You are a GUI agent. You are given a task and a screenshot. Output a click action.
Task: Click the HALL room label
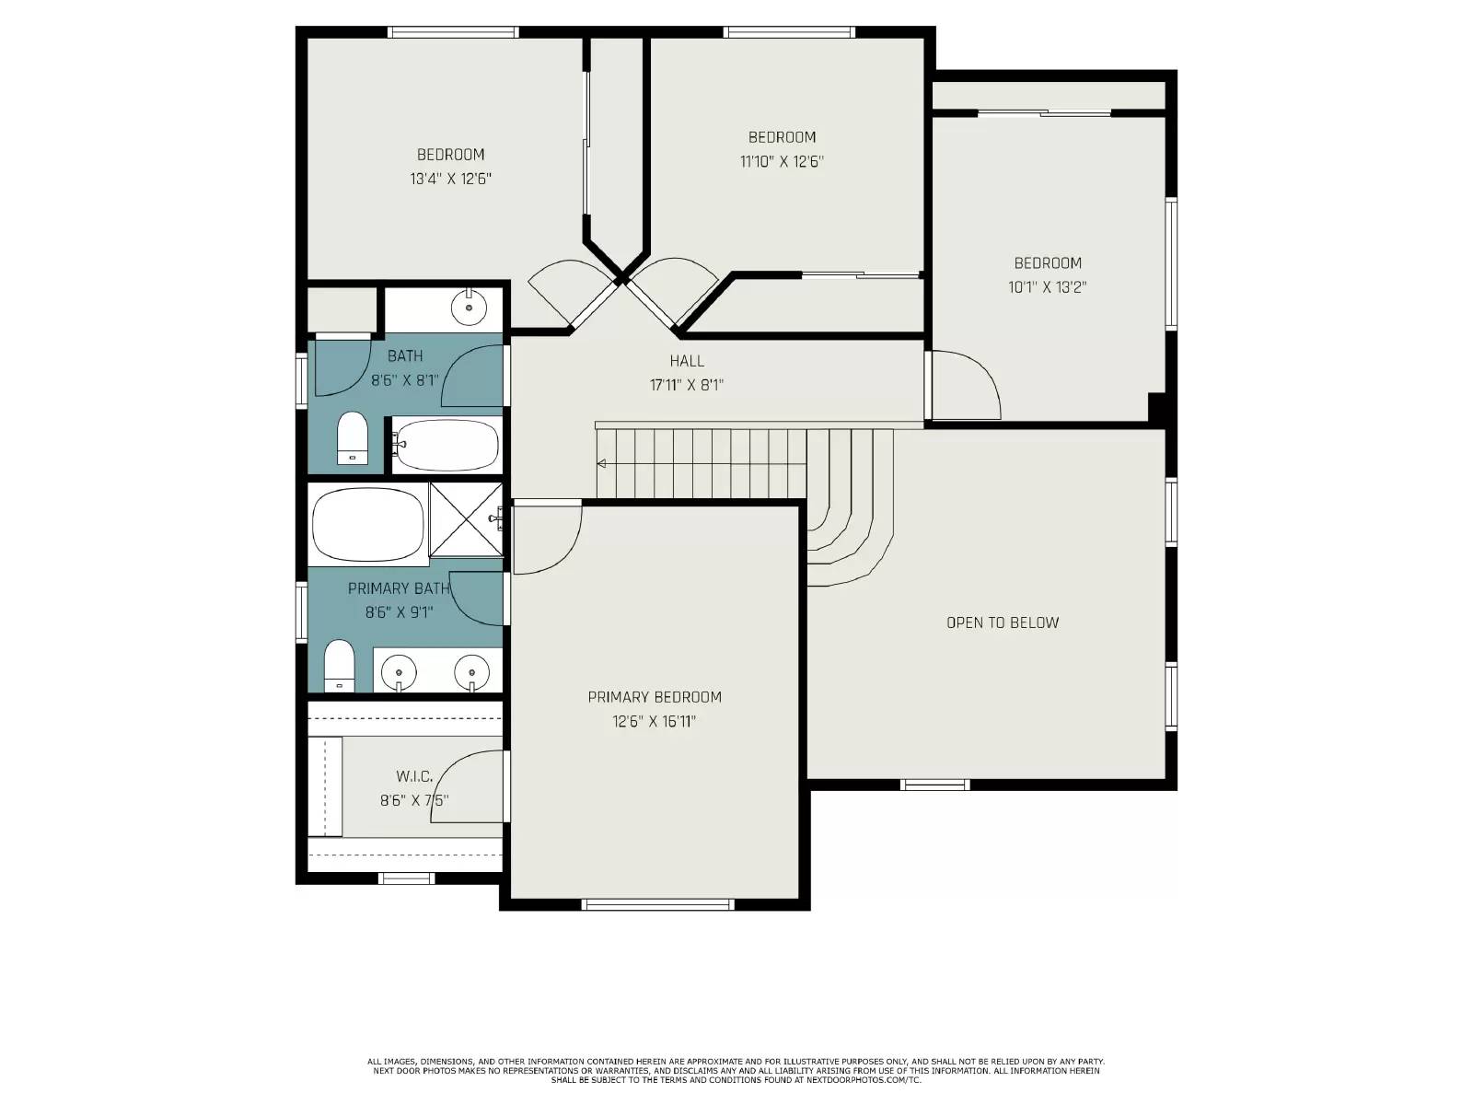coord(687,361)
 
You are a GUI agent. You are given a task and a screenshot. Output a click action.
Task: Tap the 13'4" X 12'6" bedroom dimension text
coord(450,179)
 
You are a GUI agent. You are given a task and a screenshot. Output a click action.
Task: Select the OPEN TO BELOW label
coord(1003,622)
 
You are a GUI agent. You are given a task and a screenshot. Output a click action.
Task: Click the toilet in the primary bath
coord(340,665)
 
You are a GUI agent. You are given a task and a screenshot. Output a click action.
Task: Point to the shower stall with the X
coord(466,519)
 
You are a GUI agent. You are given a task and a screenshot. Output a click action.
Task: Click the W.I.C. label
coord(414,777)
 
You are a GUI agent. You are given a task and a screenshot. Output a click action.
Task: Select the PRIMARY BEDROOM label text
coord(655,697)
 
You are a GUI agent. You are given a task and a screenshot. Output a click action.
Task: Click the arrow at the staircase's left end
coord(601,463)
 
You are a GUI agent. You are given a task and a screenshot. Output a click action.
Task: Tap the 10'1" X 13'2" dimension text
coord(1048,287)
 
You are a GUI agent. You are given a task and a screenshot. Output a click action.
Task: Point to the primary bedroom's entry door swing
coord(545,538)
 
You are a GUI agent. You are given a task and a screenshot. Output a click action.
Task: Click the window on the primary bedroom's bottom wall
coord(658,904)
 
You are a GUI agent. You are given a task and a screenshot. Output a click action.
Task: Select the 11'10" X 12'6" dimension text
coord(782,162)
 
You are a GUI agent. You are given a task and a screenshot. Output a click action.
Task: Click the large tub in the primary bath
coord(367,524)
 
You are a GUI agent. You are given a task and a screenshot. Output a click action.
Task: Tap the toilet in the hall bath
coord(352,437)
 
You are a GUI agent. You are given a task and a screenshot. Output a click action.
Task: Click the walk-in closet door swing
coord(475,784)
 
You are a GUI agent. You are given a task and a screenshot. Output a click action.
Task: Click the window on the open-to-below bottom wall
coord(934,785)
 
